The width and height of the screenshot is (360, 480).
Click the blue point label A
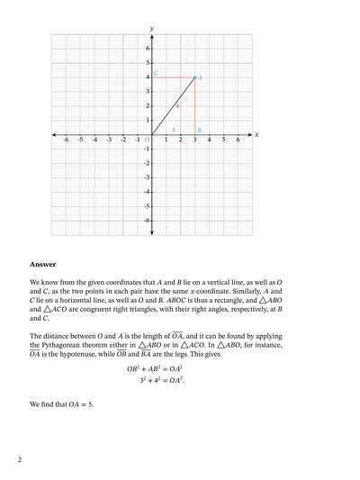[x=200, y=77]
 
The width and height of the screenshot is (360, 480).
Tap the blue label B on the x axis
[x=199, y=130]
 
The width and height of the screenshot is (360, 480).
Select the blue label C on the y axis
[x=156, y=73]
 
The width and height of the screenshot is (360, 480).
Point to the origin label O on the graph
[x=147, y=140]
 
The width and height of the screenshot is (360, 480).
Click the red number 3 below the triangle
[x=173, y=130]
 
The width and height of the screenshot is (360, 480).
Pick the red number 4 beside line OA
[x=177, y=106]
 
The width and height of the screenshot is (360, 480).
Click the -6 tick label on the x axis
[x=65, y=140]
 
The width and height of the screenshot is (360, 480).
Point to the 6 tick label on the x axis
[x=238, y=140]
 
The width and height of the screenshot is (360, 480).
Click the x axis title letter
[x=256, y=135]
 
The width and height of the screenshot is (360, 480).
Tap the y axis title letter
[x=151, y=29]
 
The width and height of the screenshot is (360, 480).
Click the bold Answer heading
[x=42, y=265]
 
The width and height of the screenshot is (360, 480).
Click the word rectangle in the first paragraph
[x=229, y=300]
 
